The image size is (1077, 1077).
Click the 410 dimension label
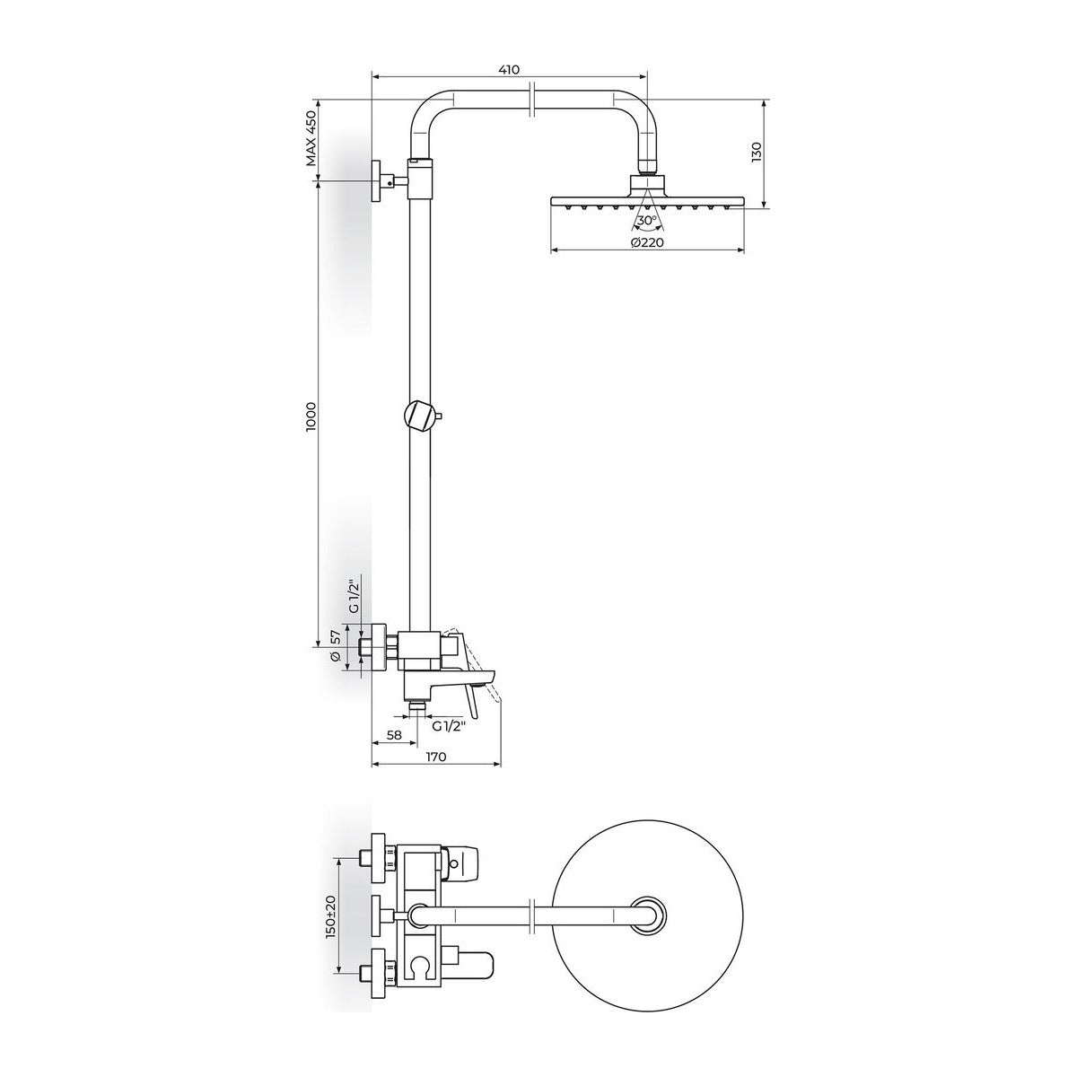[509, 70]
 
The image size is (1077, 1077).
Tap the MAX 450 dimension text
[311, 138]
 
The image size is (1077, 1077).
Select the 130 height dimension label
[757, 153]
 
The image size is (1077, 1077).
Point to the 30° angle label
[647, 221]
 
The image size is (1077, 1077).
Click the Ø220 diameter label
[647, 242]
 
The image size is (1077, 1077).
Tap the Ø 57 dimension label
[336, 647]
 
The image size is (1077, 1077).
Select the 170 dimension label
[436, 757]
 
